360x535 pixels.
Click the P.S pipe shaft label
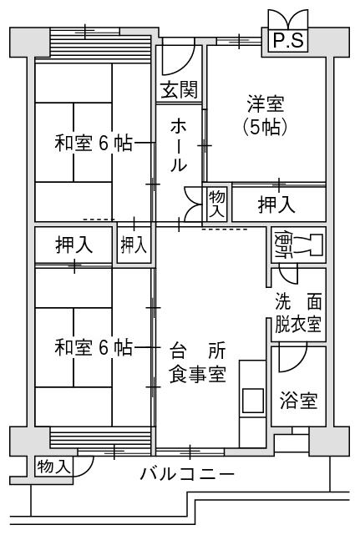[288, 41]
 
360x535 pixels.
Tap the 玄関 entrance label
[180, 90]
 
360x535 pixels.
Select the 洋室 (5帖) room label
[266, 116]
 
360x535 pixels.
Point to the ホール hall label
[179, 145]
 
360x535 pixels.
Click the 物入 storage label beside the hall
[216, 204]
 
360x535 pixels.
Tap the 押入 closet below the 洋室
[276, 204]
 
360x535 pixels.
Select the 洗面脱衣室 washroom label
[298, 313]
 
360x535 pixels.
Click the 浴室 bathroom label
[298, 401]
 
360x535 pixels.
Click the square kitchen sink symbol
[253, 401]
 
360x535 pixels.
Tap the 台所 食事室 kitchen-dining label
[198, 362]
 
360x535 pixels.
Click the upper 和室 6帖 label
[94, 143]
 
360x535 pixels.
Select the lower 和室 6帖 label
[94, 348]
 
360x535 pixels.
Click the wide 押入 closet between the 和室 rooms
[74, 245]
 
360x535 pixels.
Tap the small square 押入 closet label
[134, 245]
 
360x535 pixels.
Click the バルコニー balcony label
[187, 474]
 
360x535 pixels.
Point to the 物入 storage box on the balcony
[54, 467]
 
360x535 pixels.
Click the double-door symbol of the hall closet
[193, 204]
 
